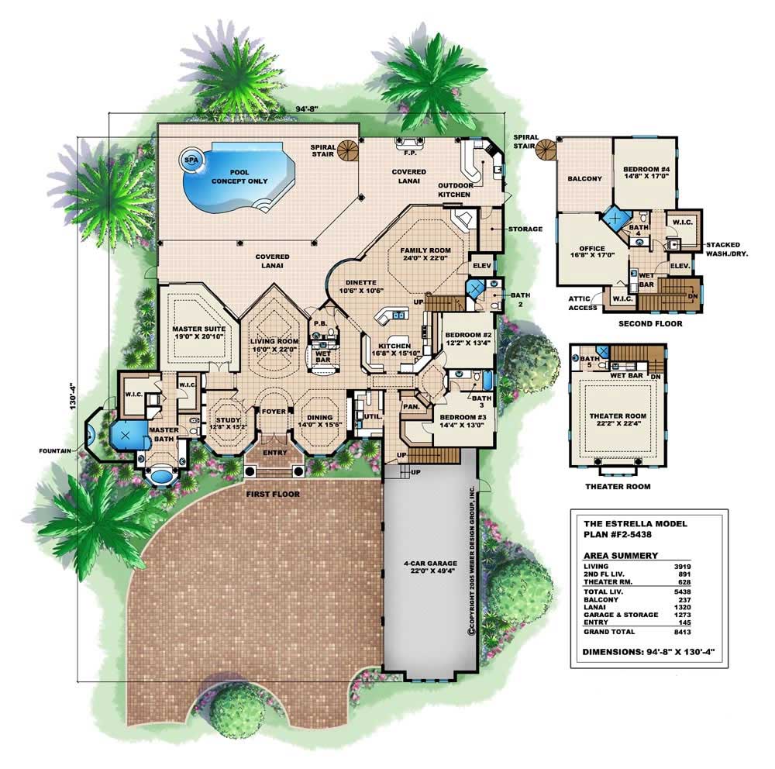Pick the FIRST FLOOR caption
click(274, 493)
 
